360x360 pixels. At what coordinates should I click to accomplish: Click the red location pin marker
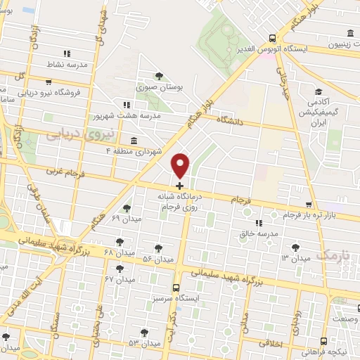tap(181, 165)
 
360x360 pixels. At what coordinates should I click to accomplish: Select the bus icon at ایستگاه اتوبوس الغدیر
tap(272, 39)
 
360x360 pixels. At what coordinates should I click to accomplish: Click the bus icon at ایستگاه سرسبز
tap(176, 288)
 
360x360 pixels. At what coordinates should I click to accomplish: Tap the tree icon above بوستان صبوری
tap(159, 75)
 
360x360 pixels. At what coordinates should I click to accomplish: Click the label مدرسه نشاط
tap(67, 64)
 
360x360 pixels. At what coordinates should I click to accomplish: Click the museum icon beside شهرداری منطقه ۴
tap(134, 140)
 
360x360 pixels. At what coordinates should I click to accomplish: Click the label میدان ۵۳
tap(143, 343)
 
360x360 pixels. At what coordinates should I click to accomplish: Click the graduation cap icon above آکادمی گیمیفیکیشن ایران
tap(319, 92)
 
